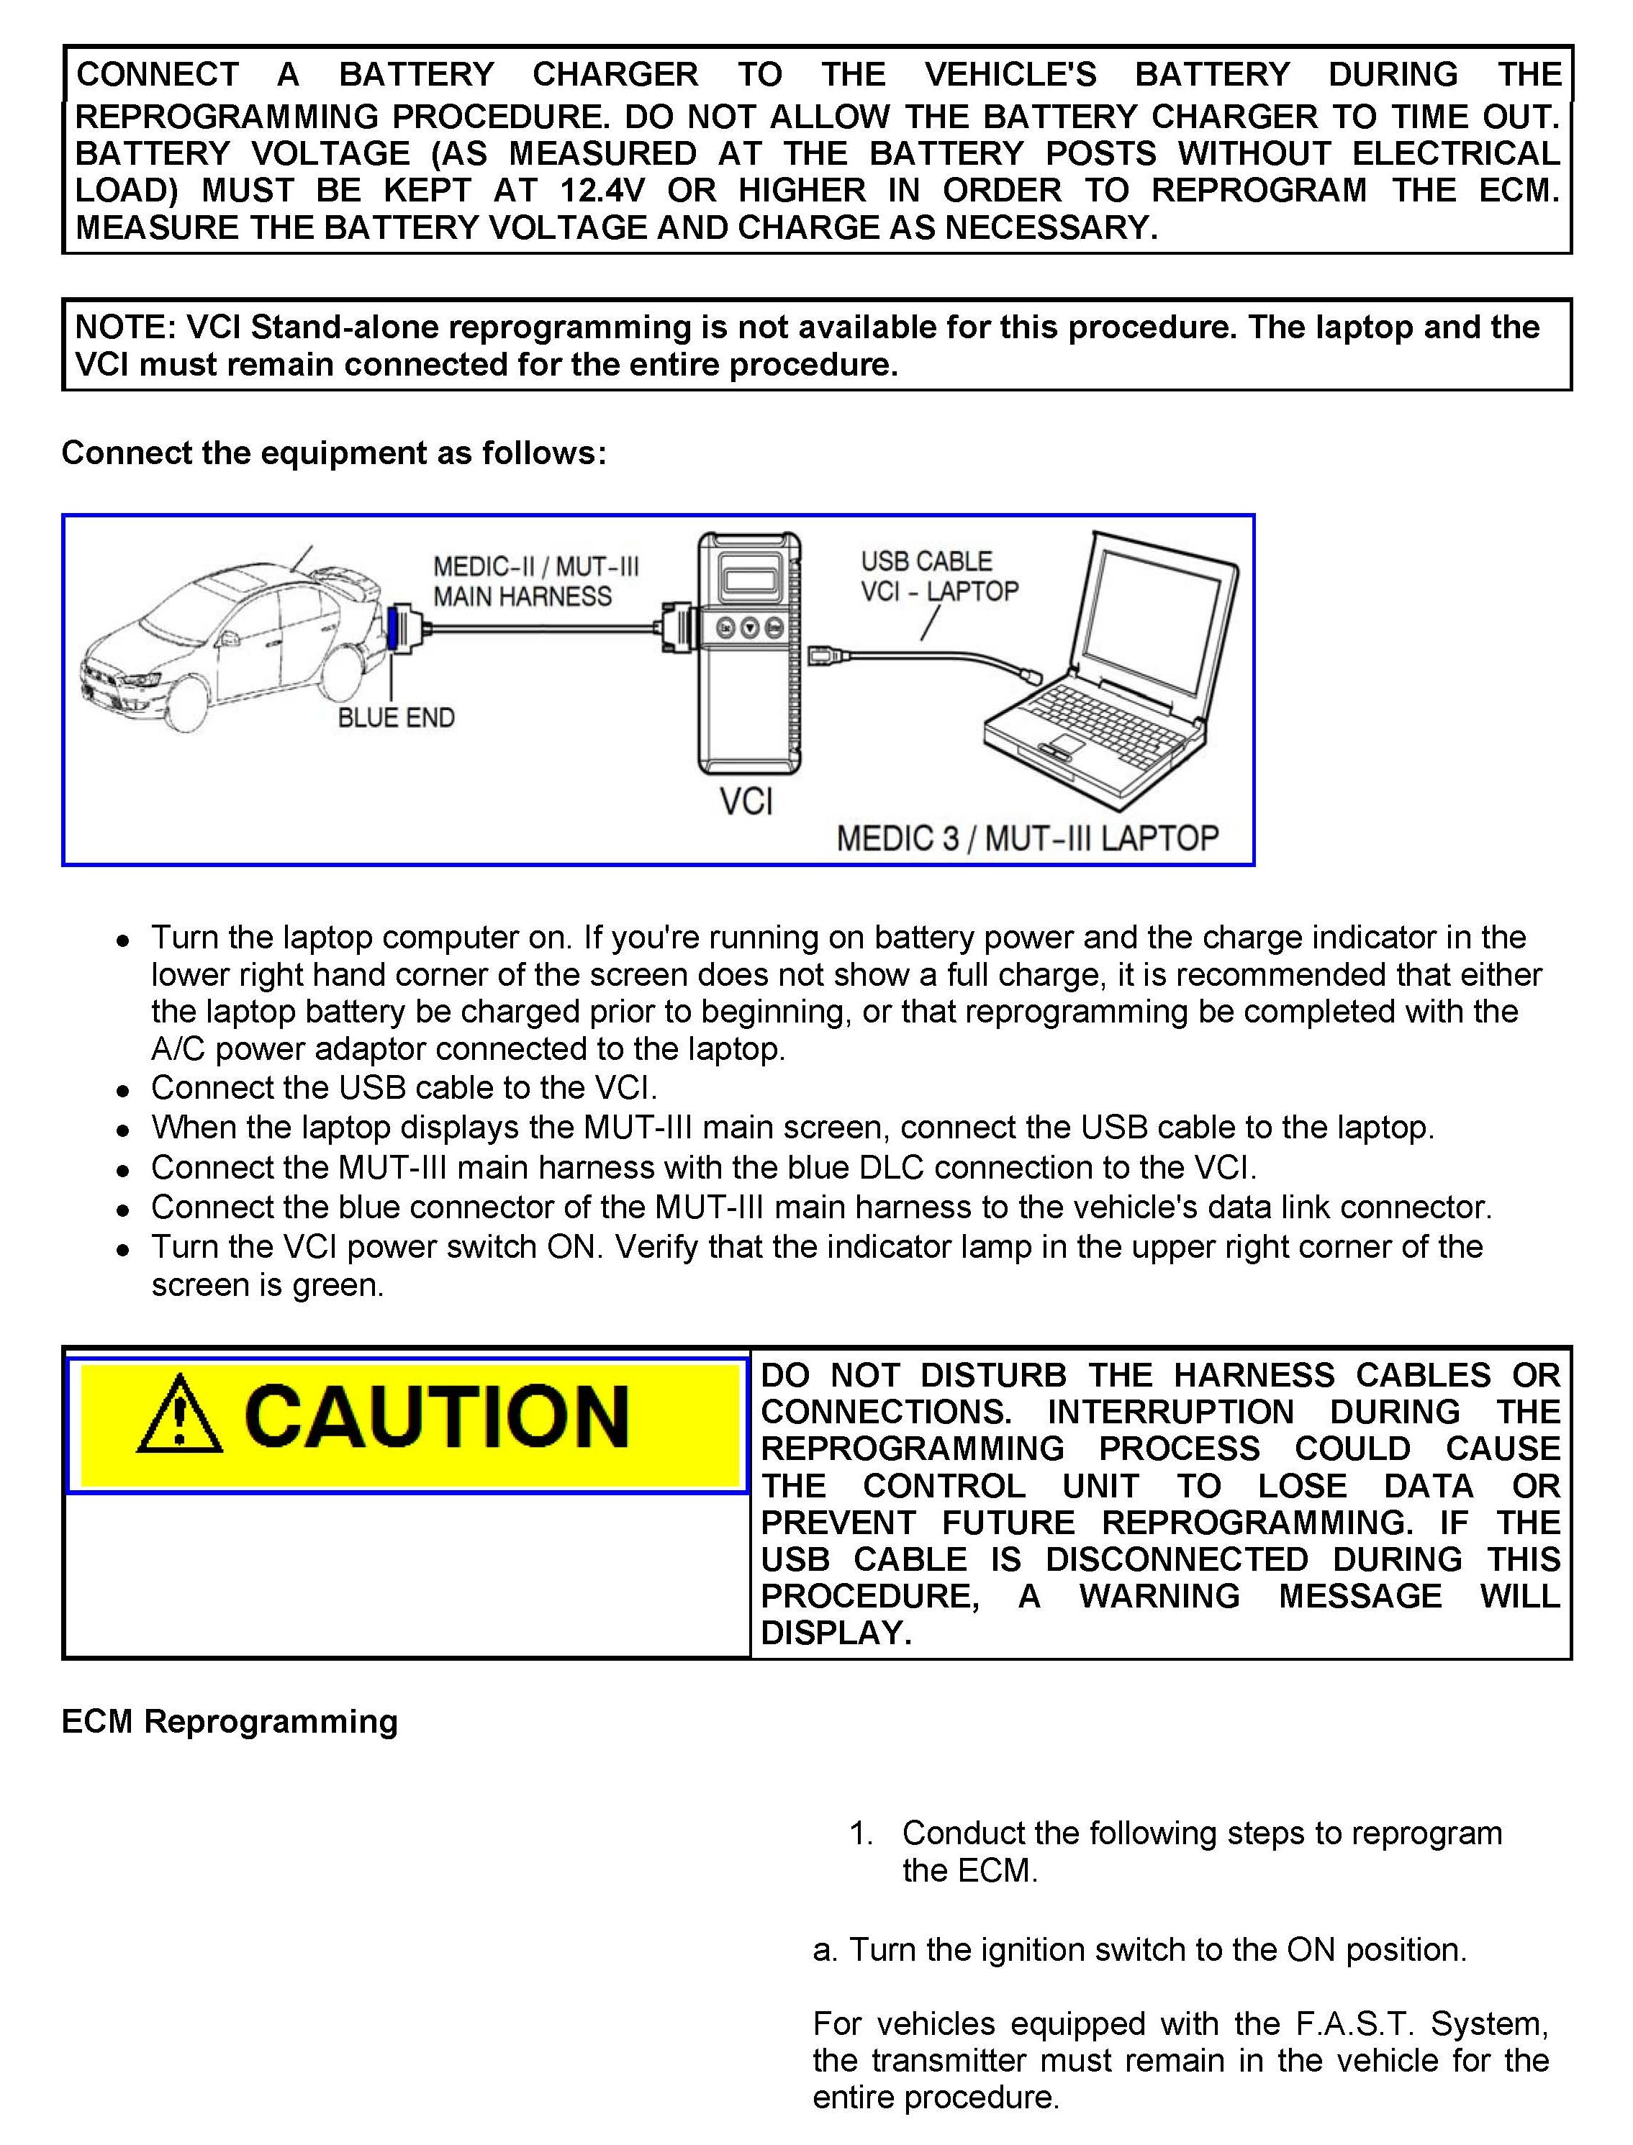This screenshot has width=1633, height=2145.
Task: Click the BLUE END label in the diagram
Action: click(x=396, y=717)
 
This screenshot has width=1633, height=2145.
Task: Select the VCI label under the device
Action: click(x=746, y=802)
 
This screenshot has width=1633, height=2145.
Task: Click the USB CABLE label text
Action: click(x=926, y=562)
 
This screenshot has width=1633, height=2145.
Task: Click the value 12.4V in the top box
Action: click(x=602, y=191)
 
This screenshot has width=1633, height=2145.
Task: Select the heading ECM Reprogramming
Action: click(x=230, y=1721)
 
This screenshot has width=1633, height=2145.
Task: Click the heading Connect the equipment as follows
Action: click(x=333, y=453)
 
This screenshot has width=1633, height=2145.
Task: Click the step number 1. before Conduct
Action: click(x=860, y=1833)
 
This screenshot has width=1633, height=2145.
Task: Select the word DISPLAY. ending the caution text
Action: click(x=836, y=1633)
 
